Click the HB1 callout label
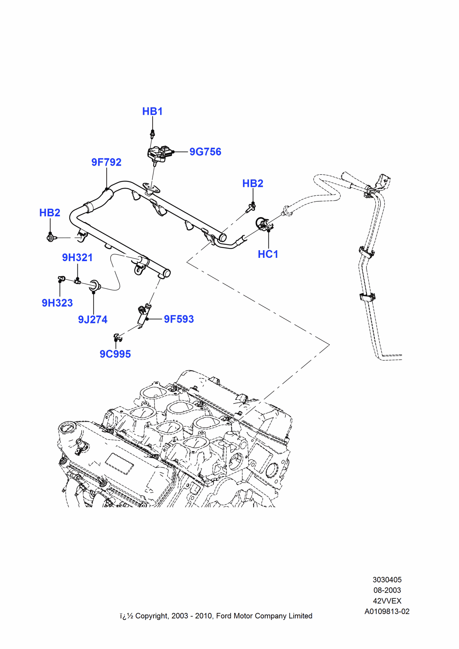click(x=152, y=111)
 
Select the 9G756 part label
click(x=205, y=152)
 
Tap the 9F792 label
click(x=106, y=162)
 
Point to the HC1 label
click(x=268, y=254)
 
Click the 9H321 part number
click(x=77, y=258)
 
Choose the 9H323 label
click(x=57, y=303)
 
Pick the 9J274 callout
click(x=93, y=320)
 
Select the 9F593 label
click(x=178, y=319)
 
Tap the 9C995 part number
click(x=115, y=354)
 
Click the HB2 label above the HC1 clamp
click(x=252, y=184)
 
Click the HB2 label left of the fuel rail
click(x=50, y=213)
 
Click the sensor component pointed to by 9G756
click(x=160, y=153)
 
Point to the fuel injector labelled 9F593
click(x=144, y=314)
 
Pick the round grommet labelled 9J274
click(x=95, y=286)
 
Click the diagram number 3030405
click(x=387, y=580)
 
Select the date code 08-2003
click(x=387, y=590)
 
